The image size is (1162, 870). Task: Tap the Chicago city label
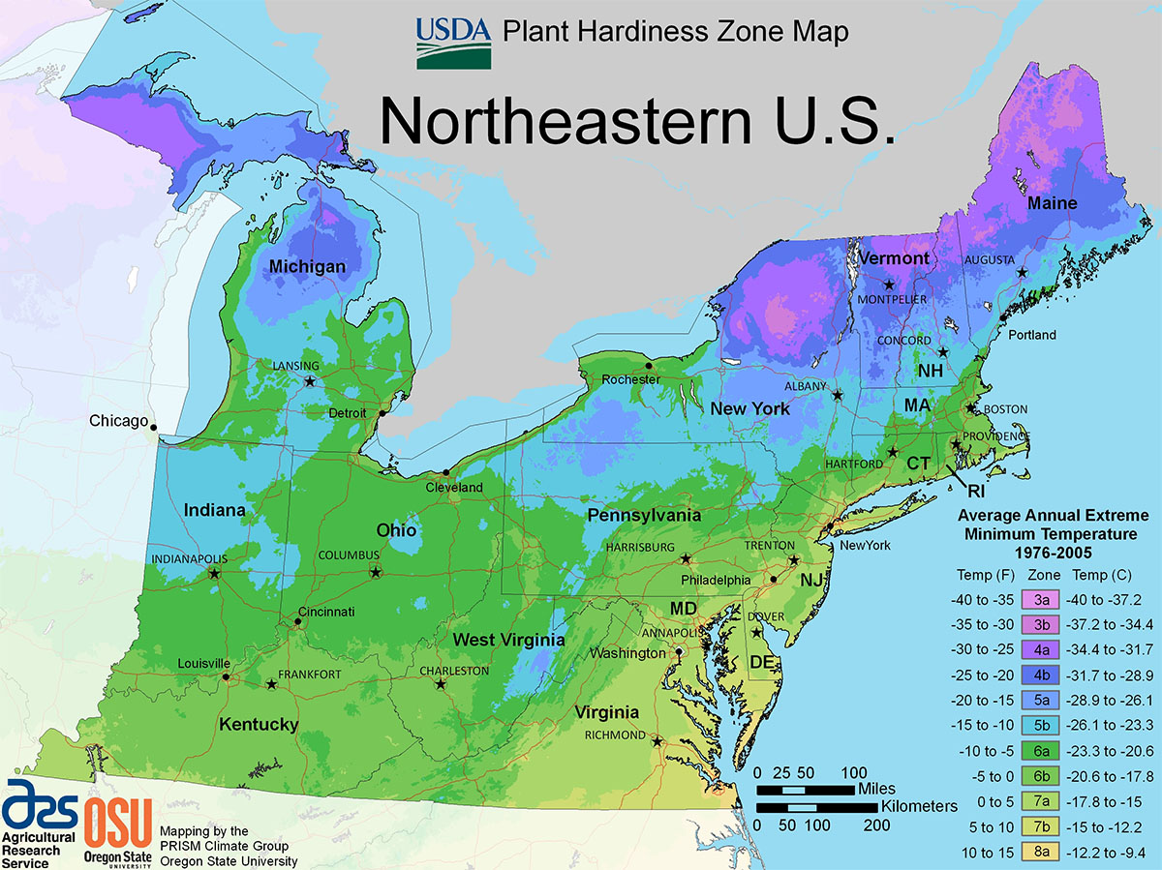pyautogui.click(x=118, y=421)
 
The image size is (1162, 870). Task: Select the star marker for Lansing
pyautogui.click(x=310, y=381)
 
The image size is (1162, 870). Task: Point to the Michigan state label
pyautogui.click(x=307, y=266)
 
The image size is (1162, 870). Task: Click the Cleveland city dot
pyautogui.click(x=445, y=472)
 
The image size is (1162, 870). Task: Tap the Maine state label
pyautogui.click(x=1052, y=203)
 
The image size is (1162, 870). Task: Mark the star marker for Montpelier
pyautogui.click(x=888, y=285)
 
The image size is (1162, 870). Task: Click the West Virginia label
pyautogui.click(x=496, y=640)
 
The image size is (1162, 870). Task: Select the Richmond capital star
pyautogui.click(x=657, y=742)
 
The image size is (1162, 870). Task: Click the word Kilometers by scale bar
pyautogui.click(x=919, y=805)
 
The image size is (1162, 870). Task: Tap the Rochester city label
pyautogui.click(x=630, y=379)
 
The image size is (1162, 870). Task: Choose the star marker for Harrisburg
pyautogui.click(x=686, y=558)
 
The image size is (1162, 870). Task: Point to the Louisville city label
pyautogui.click(x=203, y=663)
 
